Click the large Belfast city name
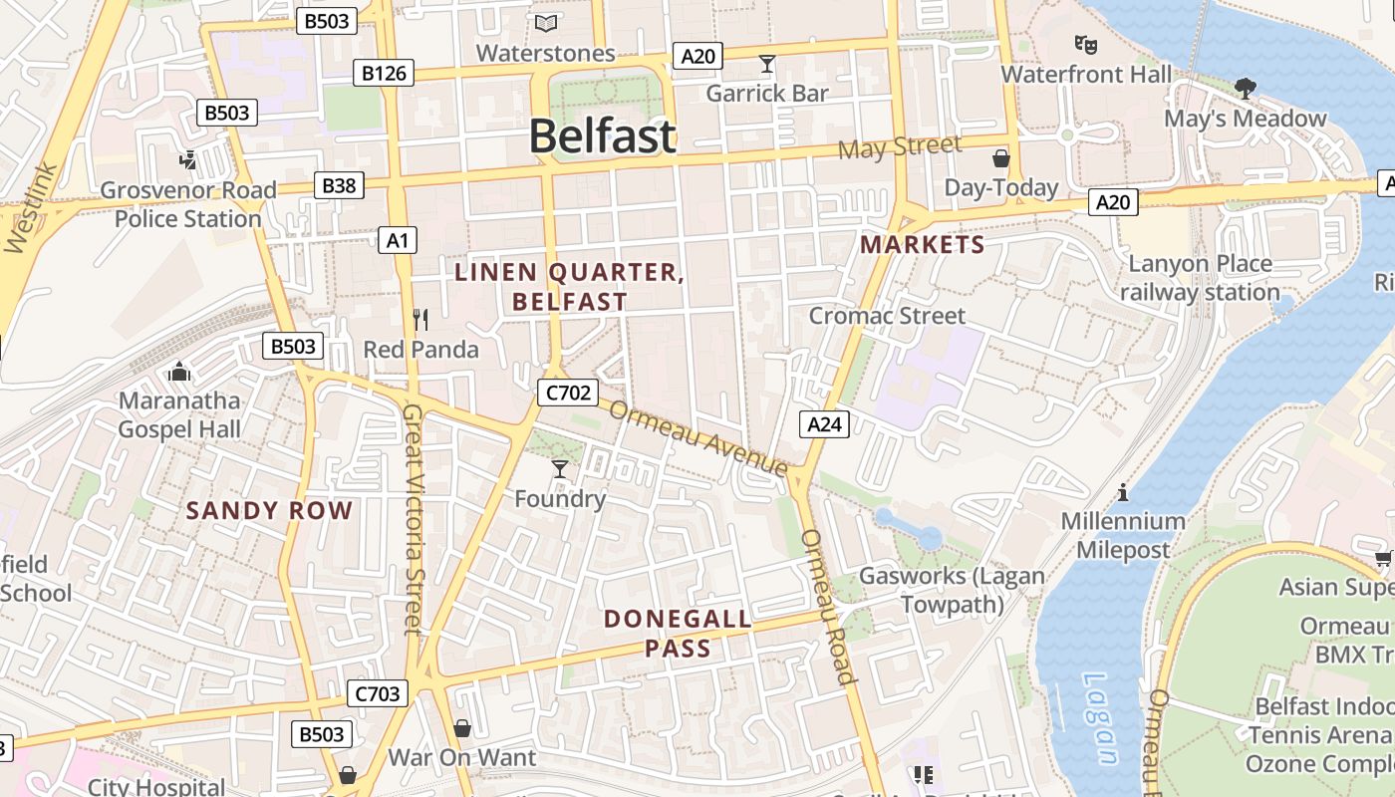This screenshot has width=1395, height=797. pyautogui.click(x=602, y=136)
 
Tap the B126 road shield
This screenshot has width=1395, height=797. pyautogui.click(x=384, y=73)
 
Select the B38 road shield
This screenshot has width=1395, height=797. pyautogui.click(x=338, y=184)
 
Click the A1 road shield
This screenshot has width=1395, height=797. pyautogui.click(x=398, y=240)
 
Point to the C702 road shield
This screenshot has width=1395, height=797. pyautogui.click(x=568, y=393)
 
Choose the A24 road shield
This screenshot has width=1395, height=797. pyautogui.click(x=824, y=424)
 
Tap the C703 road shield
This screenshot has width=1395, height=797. pyautogui.click(x=378, y=693)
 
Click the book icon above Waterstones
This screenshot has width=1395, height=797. pyautogui.click(x=546, y=23)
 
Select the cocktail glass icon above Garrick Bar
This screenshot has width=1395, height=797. pyautogui.click(x=766, y=65)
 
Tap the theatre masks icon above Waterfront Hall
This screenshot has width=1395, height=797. pyautogui.click(x=1085, y=45)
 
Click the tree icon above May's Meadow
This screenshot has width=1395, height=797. pyautogui.click(x=1245, y=89)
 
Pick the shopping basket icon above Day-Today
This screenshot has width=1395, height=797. pyautogui.click(x=1000, y=158)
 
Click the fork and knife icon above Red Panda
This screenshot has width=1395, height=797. pyautogui.click(x=420, y=320)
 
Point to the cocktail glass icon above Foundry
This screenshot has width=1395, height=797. pyautogui.click(x=559, y=468)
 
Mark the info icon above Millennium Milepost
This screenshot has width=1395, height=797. pyautogui.click(x=1123, y=492)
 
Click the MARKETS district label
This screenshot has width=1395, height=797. pyautogui.click(x=922, y=244)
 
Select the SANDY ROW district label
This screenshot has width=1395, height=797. pyautogui.click(x=269, y=511)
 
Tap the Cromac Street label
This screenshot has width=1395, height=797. pyautogui.click(x=887, y=316)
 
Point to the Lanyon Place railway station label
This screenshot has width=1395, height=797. pyautogui.click(x=1200, y=278)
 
